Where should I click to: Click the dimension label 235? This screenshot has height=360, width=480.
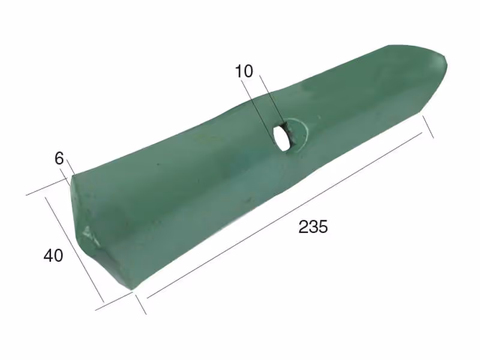click(x=313, y=227)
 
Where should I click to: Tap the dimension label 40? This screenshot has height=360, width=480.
click(x=53, y=256)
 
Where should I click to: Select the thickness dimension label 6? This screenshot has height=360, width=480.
click(x=59, y=158)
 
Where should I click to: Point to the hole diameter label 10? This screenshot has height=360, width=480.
click(x=244, y=71)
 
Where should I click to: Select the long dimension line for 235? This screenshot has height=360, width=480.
click(x=284, y=215)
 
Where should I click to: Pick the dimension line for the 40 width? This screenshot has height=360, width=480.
click(x=74, y=249)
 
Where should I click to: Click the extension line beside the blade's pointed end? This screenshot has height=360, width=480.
click(x=428, y=127)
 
